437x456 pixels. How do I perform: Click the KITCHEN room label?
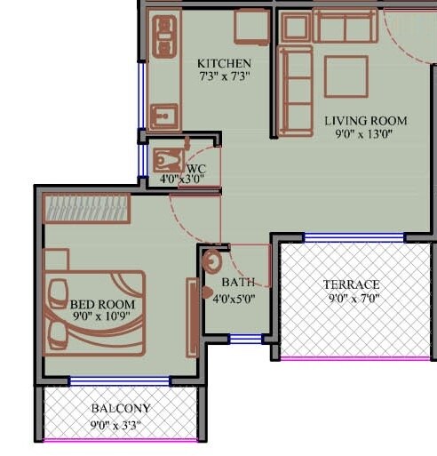coord(224,64)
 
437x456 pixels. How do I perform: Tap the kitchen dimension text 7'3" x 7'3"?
coord(224,76)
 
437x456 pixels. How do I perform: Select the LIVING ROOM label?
coord(365,121)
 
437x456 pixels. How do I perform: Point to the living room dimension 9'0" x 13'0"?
coord(365,134)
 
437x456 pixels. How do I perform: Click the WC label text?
coord(197,166)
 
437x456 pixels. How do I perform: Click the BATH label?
coord(238,282)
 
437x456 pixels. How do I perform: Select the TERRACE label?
coord(352,284)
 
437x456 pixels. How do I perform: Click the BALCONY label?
coord(121,409)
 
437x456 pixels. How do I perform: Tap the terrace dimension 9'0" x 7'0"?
coord(352,299)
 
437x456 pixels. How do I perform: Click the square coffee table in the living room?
coord(346,76)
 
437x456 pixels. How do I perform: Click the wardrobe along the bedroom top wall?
coord(88,207)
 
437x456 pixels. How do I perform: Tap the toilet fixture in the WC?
coord(167,161)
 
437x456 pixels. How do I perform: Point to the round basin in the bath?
coord(212,263)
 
